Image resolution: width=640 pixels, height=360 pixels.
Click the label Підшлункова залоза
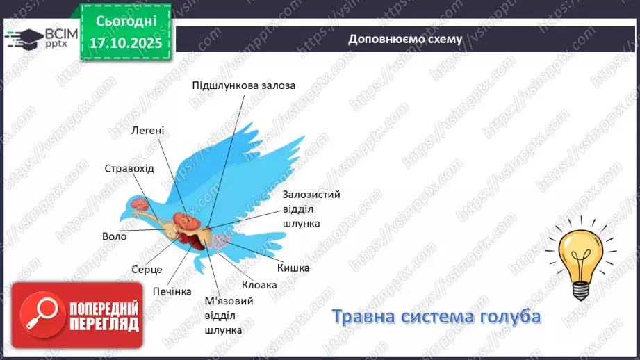[x=244, y=85]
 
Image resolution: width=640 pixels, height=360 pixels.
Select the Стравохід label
[x=129, y=169]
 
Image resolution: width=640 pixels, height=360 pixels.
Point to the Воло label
[x=114, y=236]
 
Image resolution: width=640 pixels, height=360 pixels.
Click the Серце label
[x=147, y=269]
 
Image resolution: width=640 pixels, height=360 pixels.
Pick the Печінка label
[x=172, y=291]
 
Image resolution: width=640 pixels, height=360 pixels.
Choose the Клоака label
[x=259, y=285]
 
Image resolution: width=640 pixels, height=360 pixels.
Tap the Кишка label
[x=293, y=268]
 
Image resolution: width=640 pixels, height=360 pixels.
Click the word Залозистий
[x=311, y=195]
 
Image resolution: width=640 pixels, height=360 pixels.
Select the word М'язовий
[x=229, y=301]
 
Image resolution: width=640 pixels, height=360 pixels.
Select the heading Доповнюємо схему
[x=405, y=39]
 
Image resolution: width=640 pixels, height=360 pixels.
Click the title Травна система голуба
[x=436, y=316]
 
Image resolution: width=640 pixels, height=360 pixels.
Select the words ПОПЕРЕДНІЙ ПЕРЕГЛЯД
[x=104, y=316]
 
